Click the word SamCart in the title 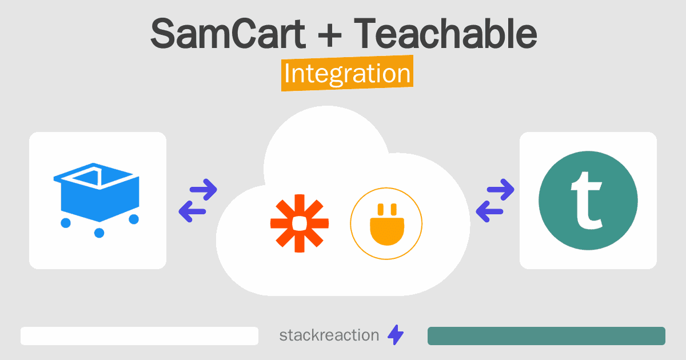click(228, 34)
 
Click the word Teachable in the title click(445, 33)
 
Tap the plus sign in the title click(329, 36)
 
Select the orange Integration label click(348, 73)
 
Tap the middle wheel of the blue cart click(99, 233)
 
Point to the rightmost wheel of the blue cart click(134, 219)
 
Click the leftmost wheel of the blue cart click(66, 223)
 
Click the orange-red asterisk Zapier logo click(300, 223)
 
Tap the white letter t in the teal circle click(587, 201)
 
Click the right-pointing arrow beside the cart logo click(204, 190)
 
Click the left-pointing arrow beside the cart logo click(192, 211)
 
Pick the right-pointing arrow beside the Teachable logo click(500, 190)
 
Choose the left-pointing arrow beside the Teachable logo click(489, 211)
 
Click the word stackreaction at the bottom click(329, 335)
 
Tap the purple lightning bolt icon click(396, 335)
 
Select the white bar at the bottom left click(139, 336)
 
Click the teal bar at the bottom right click(547, 336)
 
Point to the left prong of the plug click(381, 210)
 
